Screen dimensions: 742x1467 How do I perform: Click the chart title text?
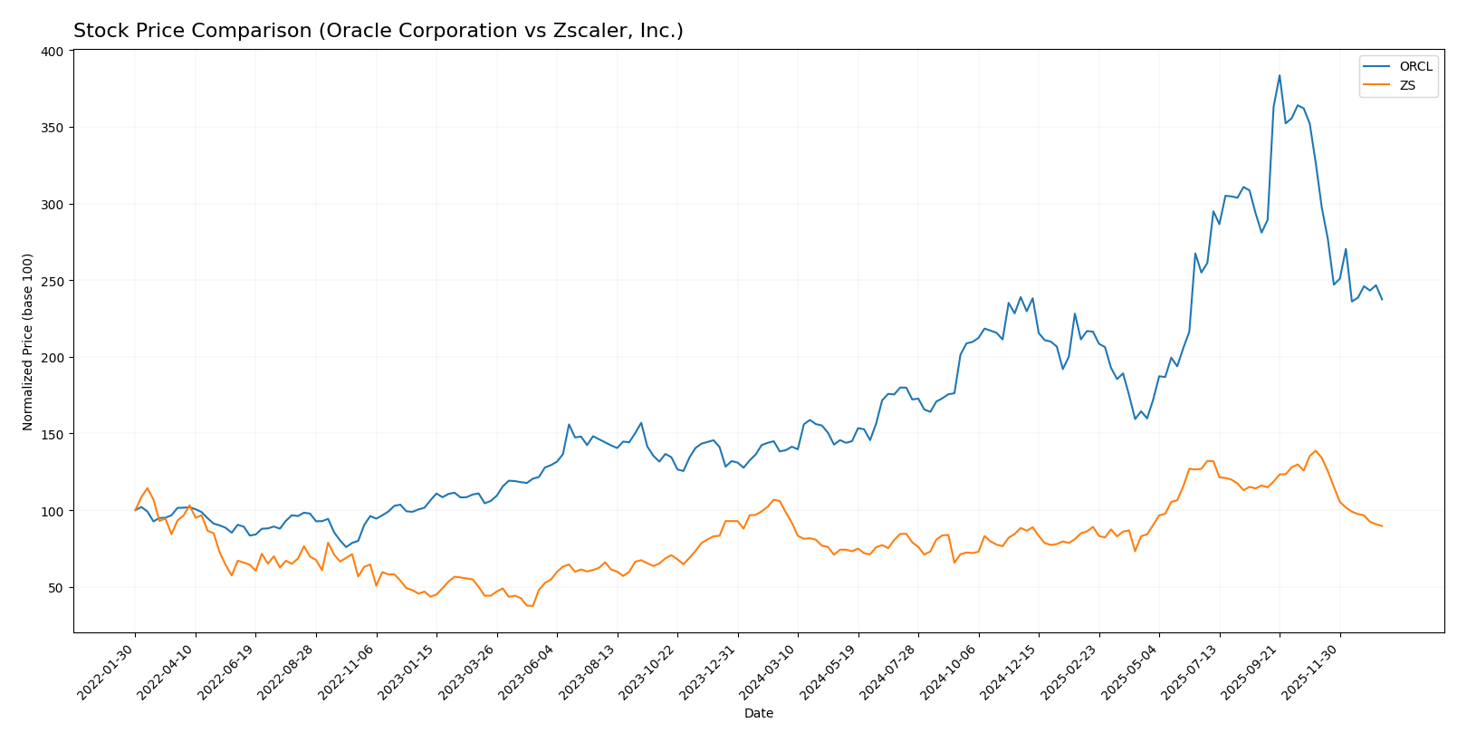[x=378, y=31]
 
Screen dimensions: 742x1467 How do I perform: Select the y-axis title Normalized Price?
[x=28, y=342]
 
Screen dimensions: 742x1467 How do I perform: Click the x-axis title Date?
[x=758, y=714]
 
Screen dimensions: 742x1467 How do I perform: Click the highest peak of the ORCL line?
[x=1280, y=75]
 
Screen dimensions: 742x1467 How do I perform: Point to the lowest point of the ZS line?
[x=532, y=605]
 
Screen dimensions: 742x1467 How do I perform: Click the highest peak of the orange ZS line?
[x=1316, y=450]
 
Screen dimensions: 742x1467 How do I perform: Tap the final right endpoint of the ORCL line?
[x=1382, y=299]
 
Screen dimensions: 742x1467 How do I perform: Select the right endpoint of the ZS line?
[x=1382, y=526]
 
